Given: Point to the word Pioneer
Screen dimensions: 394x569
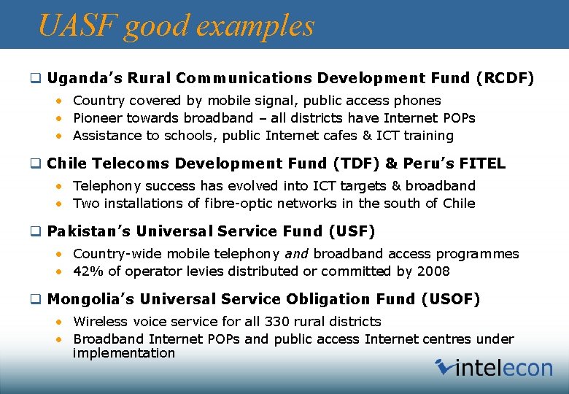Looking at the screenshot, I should pos(98,118).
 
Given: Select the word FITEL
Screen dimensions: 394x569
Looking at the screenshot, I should pos(480,163).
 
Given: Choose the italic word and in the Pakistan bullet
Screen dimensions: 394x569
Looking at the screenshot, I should pos(297,254).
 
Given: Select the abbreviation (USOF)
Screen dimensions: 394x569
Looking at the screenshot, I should pos(450,299).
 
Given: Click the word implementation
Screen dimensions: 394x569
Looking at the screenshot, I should pos(124,353).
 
